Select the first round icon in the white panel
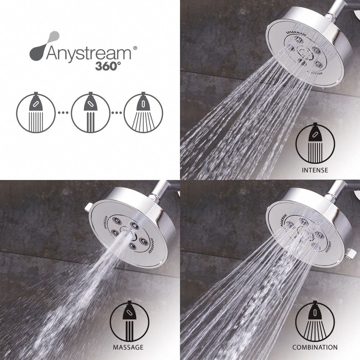[x=35, y=112]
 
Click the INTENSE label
[x=315, y=170]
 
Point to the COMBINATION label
[x=315, y=347]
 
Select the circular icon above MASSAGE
[x=129, y=320]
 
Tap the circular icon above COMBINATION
[x=315, y=320]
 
